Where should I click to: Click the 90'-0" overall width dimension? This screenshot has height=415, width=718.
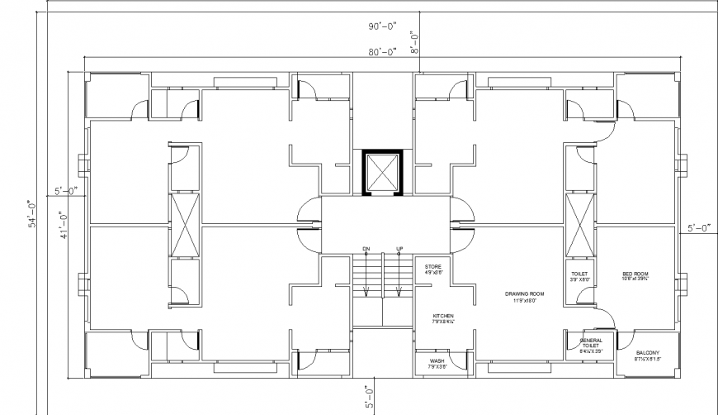click(383, 27)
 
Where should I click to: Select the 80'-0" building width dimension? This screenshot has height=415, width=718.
click(383, 50)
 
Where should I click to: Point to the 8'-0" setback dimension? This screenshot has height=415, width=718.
click(417, 42)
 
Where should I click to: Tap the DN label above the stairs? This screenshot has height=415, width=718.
click(366, 249)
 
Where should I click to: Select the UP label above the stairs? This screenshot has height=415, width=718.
click(399, 249)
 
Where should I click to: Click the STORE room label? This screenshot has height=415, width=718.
click(433, 266)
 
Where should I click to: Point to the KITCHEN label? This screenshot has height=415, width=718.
click(444, 316)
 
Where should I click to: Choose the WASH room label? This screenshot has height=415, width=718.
click(437, 361)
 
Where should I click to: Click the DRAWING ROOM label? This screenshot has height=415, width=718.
click(525, 293)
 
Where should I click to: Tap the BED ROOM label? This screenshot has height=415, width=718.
click(636, 273)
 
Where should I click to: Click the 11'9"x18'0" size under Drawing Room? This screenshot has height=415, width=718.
click(525, 301)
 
